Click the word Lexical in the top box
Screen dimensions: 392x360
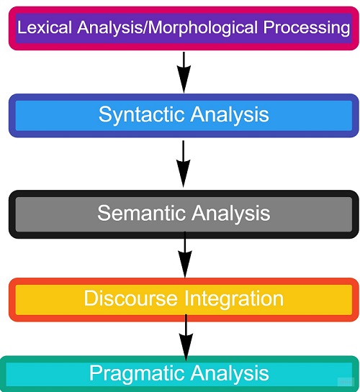pyautogui.click(x=40, y=28)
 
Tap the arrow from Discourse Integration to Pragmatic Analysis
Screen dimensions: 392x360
pyautogui.click(x=186, y=334)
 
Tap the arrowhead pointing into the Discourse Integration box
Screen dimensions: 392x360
pyautogui.click(x=185, y=266)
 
